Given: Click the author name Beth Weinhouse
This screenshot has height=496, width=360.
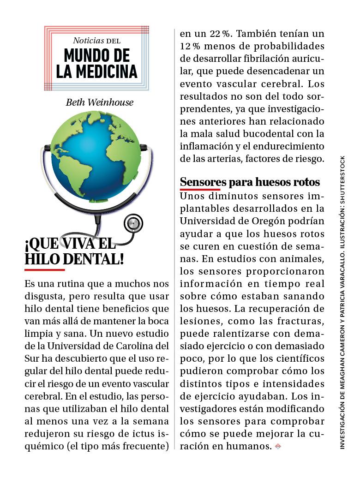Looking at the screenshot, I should (x=99, y=102).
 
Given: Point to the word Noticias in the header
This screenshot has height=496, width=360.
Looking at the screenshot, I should (x=89, y=41).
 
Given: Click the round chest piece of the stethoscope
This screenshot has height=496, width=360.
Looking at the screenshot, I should (x=133, y=223).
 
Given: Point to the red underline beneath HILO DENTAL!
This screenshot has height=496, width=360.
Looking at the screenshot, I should (x=44, y=269).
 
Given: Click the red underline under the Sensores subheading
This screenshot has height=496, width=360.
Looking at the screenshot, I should (x=200, y=189).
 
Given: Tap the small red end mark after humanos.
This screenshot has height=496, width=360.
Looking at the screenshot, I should (x=277, y=446).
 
